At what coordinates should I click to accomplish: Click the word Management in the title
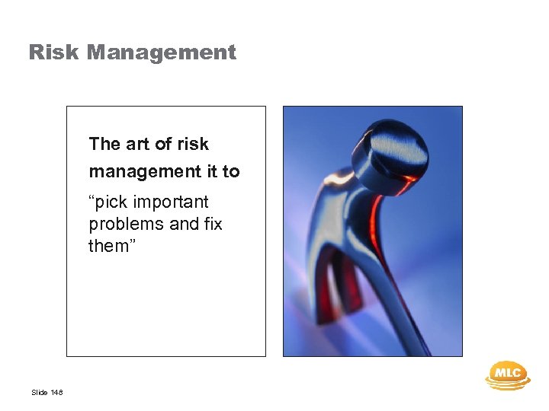pyautogui.click(x=161, y=53)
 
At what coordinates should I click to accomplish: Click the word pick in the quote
pyautogui.click(x=113, y=202)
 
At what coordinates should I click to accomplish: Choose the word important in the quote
pyautogui.click(x=173, y=202)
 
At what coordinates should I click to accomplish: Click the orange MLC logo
pyautogui.click(x=507, y=374)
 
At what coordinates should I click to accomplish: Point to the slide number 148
pyautogui.click(x=57, y=393)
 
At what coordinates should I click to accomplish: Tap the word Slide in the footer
pyautogui.click(x=39, y=393)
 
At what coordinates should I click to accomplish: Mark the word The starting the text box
pyautogui.click(x=104, y=144)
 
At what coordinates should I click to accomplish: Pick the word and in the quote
pyautogui.click(x=176, y=224)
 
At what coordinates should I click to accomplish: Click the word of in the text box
pyautogui.click(x=162, y=144)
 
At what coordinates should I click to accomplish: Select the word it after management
pyautogui.click(x=211, y=172)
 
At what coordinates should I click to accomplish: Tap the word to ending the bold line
pyautogui.click(x=231, y=172)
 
